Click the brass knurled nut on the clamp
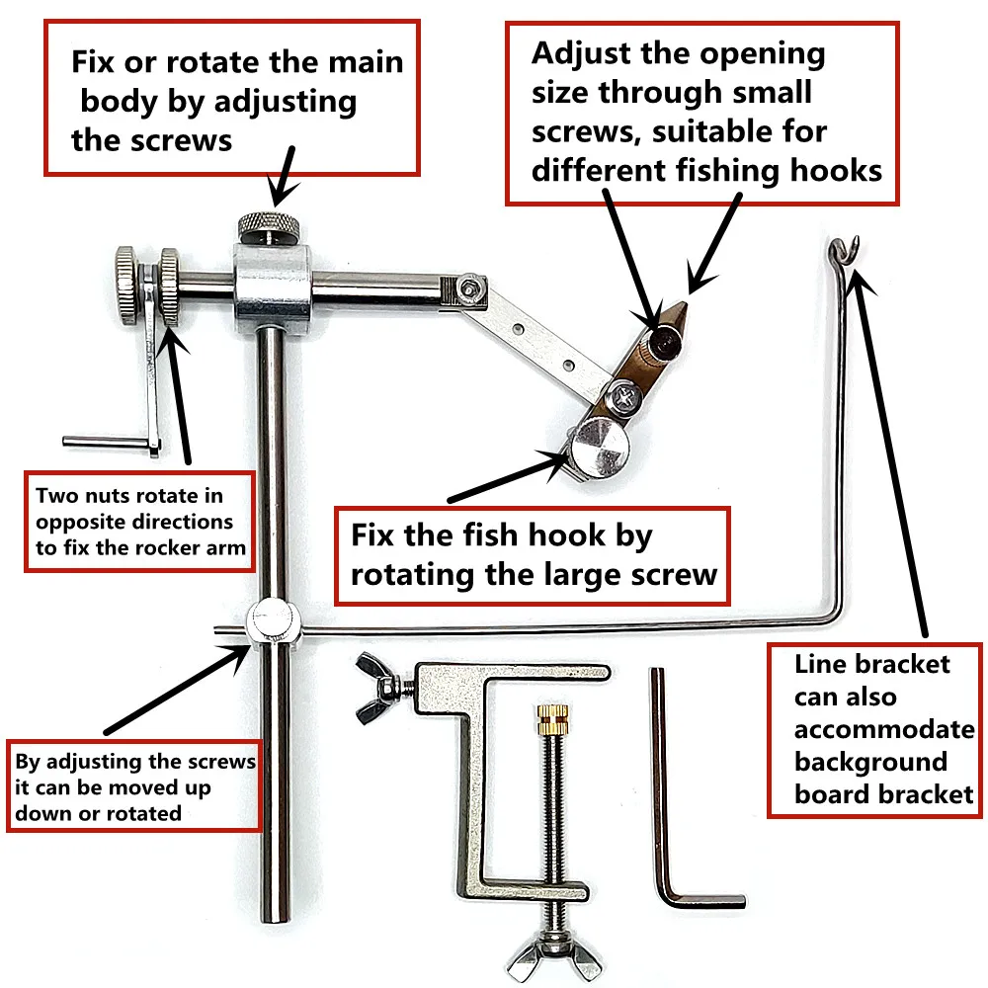click(546, 723)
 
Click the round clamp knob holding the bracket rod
click(271, 622)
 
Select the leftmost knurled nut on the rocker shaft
click(127, 270)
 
